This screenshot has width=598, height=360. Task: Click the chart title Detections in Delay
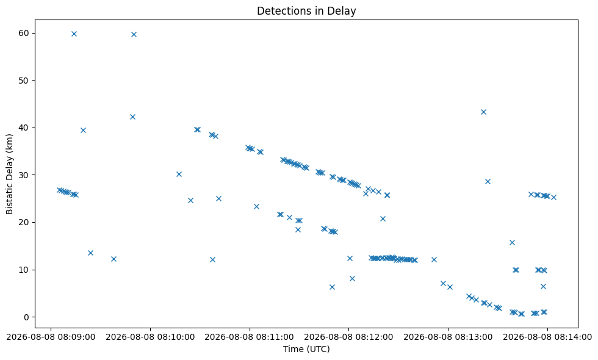306,11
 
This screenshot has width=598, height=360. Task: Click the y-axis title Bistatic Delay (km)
9,174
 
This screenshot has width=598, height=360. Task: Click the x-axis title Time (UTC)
306,349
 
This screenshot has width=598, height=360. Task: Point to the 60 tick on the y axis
24,33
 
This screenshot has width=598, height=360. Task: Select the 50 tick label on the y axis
24,81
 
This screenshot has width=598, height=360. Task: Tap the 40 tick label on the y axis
24,128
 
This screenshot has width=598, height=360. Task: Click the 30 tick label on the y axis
24,175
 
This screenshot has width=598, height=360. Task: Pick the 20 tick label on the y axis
24,222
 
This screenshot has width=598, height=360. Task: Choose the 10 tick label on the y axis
24,270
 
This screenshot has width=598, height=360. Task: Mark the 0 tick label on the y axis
26,317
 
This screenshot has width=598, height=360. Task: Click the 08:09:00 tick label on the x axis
51,337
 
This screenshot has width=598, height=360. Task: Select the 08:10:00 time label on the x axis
150,337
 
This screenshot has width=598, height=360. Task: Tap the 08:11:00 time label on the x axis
250,337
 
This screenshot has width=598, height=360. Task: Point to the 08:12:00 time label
348,337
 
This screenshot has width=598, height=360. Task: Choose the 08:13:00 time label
448,337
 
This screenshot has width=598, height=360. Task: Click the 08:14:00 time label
547,337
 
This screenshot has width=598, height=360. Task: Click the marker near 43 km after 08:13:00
483,112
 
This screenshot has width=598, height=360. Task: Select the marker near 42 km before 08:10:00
133,117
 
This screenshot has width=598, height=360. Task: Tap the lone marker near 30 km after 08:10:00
179,175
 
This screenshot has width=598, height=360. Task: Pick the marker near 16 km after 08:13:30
512,243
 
